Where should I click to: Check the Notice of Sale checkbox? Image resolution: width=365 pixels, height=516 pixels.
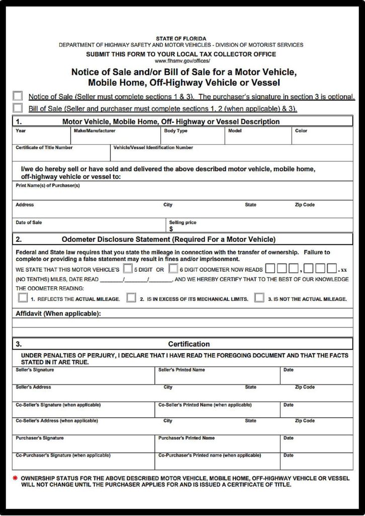18,96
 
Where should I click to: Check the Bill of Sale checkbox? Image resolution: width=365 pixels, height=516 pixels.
18,108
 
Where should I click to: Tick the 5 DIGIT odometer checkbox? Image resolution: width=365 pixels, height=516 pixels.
128,269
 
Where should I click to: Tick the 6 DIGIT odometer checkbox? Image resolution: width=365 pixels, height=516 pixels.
173,269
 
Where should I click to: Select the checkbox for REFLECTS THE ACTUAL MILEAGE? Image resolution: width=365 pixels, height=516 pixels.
23,298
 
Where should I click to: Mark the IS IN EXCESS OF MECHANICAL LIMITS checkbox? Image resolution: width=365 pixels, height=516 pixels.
131,298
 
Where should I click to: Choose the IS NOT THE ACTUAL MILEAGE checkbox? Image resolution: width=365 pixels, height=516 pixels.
259,298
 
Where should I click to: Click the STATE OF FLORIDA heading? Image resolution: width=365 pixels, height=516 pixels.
181,39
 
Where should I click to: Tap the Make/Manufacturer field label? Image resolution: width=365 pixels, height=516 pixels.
95,131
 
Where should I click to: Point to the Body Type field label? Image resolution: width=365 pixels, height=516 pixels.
176,131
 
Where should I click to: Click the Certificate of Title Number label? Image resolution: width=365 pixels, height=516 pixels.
44,148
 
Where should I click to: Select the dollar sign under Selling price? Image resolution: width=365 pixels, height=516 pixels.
171,229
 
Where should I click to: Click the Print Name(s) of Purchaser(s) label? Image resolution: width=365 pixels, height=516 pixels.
47,185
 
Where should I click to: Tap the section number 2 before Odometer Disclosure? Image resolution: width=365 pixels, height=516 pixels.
19,239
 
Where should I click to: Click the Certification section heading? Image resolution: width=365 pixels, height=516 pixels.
189,344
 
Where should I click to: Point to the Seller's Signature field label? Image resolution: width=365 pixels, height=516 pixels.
35,370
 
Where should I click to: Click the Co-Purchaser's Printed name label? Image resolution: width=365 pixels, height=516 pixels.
210,456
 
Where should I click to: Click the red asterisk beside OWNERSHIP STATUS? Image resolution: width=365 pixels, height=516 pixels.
15,477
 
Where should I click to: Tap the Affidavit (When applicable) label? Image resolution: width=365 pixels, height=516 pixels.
58,313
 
